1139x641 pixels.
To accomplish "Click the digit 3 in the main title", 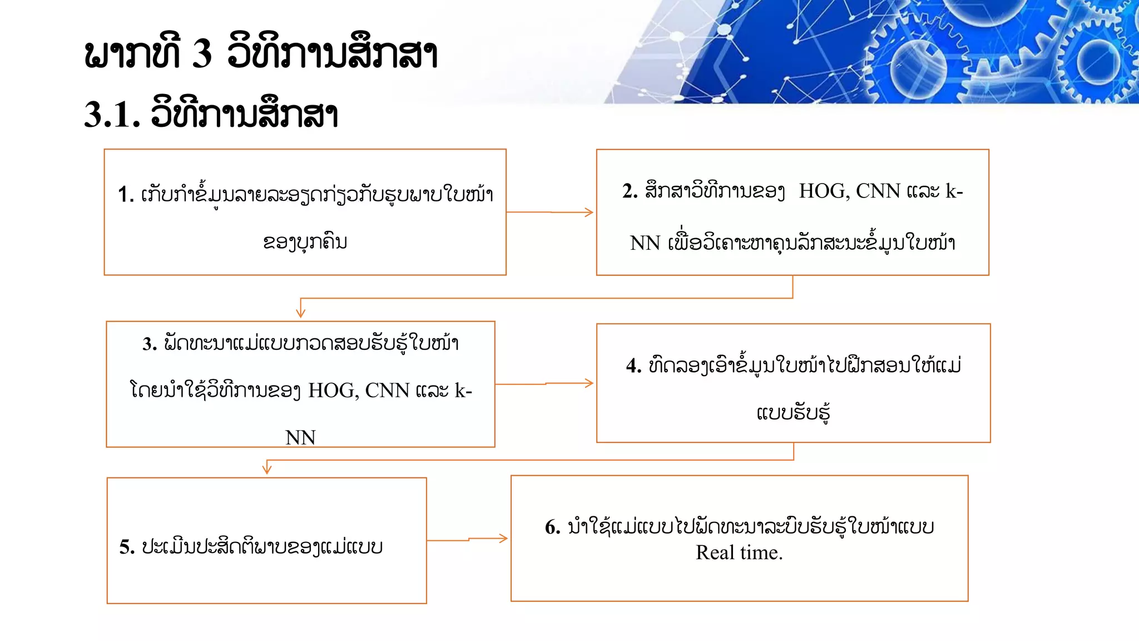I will pos(202,54).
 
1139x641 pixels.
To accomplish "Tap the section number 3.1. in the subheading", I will pos(112,115).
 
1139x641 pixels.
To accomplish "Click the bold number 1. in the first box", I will pos(126,195).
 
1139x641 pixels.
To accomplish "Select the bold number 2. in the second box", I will pos(630,191).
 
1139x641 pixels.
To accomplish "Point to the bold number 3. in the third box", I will pos(150,344).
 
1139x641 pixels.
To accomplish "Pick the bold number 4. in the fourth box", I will pos(633,366).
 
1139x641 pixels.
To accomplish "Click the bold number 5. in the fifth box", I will pos(127,547).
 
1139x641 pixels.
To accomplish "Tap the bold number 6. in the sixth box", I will pos(553,527).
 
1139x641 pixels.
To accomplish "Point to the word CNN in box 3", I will pos(387,391).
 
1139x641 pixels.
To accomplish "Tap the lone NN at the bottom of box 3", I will pos(300,438).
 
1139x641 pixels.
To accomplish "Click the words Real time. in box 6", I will pos(739,553).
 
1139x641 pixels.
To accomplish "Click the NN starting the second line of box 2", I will pos(645,243).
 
